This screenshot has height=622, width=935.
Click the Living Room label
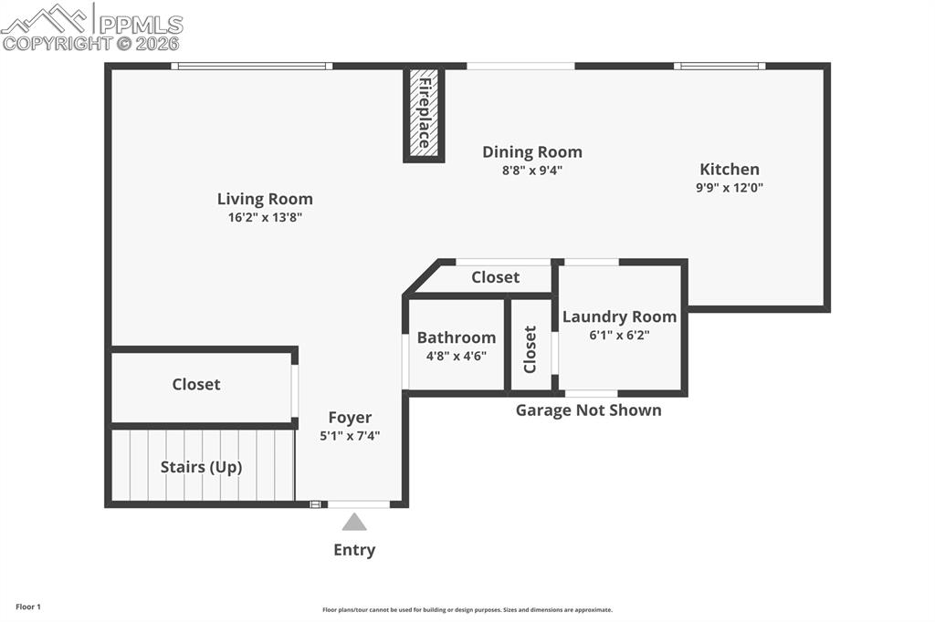pos(265,199)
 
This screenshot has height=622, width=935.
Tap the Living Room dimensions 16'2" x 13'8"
pos(265,217)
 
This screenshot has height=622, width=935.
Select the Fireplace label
pos(425,112)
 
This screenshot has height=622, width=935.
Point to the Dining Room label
pos(532,152)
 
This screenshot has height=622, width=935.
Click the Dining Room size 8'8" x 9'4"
pos(532,171)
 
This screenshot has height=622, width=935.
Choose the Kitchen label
pos(730,170)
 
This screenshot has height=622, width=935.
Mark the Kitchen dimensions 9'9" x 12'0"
pos(730,188)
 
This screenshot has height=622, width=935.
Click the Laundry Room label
pos(620,316)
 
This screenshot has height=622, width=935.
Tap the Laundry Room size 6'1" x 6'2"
pos(620,335)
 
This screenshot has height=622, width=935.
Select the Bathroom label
pos(457,337)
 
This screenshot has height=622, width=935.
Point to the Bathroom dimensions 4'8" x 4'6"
pos(457,357)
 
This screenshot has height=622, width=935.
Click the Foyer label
pos(350,418)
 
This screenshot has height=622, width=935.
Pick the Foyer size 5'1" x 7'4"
pos(350,436)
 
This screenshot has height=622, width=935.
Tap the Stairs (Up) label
pos(201,467)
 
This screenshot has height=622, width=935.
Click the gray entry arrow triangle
pos(354,522)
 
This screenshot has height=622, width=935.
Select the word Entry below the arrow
pos(354,550)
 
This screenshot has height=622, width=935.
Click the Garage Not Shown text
pos(589,410)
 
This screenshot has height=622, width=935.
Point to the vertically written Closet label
pos(530,349)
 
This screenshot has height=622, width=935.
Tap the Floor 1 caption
pos(28,607)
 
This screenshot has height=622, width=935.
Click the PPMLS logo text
pos(141,25)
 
